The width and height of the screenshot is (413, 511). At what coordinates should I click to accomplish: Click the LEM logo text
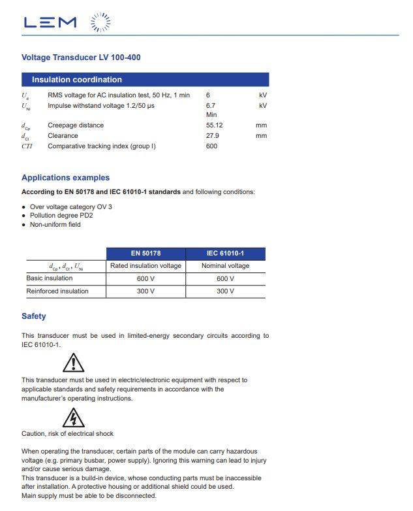click(x=50, y=22)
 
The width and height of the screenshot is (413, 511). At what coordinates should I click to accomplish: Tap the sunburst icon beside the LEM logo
click(x=100, y=22)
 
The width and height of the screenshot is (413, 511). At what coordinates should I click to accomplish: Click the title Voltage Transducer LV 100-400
click(x=81, y=58)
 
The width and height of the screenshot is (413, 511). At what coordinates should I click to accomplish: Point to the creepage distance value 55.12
click(x=214, y=125)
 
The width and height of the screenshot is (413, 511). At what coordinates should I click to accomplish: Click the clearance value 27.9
click(x=212, y=135)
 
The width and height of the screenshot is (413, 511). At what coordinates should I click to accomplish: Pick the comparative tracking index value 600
click(x=211, y=146)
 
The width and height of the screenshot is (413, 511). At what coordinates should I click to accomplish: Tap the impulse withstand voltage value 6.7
click(x=210, y=105)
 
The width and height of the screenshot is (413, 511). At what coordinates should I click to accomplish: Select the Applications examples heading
click(x=65, y=178)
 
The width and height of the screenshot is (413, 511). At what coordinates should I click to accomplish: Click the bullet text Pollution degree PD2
click(x=61, y=215)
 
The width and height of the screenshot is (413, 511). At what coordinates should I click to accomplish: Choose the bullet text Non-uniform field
click(x=55, y=224)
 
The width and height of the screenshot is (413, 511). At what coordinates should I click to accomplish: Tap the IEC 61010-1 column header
click(x=225, y=254)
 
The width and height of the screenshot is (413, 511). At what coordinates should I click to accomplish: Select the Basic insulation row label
click(x=50, y=278)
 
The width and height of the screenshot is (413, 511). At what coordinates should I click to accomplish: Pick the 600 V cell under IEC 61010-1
click(x=225, y=278)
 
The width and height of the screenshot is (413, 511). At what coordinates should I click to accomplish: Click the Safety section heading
click(x=34, y=316)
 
